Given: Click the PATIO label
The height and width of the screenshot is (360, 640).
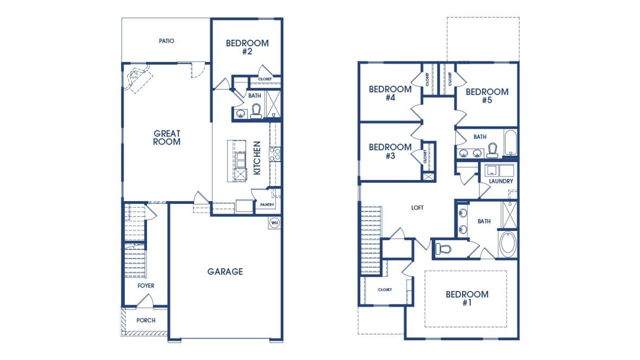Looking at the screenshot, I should (166, 41).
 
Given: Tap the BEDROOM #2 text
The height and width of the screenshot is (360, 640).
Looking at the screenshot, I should (247, 47).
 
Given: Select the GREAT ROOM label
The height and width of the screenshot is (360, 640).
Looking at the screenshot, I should (167, 137).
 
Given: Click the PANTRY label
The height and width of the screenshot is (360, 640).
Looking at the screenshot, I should (267, 204).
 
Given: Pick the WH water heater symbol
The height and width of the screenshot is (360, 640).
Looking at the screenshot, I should (274, 222).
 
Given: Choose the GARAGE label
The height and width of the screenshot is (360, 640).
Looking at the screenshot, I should (225, 271).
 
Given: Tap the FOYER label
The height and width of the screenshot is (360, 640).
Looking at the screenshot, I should (146, 285).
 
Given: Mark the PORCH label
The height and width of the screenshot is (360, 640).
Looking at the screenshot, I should (146, 320).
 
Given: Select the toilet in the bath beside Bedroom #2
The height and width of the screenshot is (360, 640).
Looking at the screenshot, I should (256, 110).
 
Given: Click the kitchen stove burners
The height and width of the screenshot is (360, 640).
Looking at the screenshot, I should (274, 153).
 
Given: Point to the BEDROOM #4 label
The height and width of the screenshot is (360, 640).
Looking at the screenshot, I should (390, 93).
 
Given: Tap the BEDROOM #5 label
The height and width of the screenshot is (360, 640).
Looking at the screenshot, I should (487, 96).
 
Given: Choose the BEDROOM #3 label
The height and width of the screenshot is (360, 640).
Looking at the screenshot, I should (390, 151).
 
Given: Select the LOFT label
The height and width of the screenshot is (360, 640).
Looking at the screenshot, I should (417, 207).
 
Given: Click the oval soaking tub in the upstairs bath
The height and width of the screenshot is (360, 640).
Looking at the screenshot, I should (508, 244).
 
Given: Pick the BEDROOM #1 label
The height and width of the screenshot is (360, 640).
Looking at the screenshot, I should (467, 298).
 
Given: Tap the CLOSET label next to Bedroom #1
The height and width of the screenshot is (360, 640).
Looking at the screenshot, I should (384, 289).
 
